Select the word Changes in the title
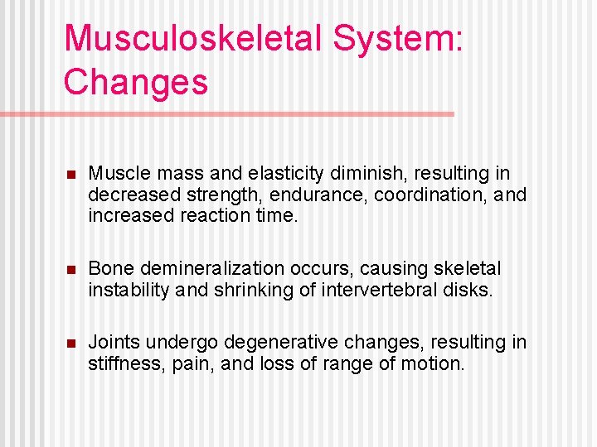pyautogui.click(x=135, y=82)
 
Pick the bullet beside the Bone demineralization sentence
pyautogui.click(x=70, y=270)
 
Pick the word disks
pyautogui.click(x=468, y=291)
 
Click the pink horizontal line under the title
pyautogui.click(x=249, y=113)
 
